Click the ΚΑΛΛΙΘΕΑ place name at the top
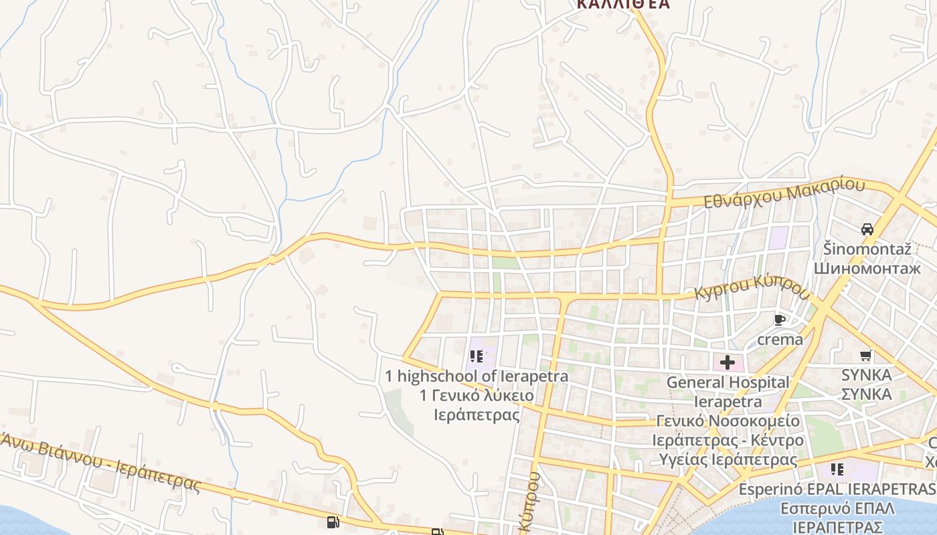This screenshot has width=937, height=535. coord(623,4)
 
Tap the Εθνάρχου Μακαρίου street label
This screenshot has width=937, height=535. coord(784,193)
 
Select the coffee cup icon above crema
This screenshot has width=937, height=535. coord(779,320)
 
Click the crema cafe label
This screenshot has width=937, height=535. coord(780,340)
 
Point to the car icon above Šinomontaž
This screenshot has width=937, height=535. coord(867,229)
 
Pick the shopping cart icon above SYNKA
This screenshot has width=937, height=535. coord(866,355)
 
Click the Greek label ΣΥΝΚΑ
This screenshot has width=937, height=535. coord(866,394)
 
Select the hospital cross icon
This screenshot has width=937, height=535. coord(728,363)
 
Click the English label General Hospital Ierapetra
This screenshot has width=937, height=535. coord(728,392)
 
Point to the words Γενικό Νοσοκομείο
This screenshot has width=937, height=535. coord(728,421)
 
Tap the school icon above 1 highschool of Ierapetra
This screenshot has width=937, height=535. coord(477,356)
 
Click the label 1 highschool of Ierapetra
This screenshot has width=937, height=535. coord(477,377)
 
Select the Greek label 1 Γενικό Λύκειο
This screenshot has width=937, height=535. coord(477,396)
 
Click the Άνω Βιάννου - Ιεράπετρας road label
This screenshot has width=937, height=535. coord(100,461)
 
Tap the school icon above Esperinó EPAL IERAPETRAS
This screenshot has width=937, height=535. coord(837,469)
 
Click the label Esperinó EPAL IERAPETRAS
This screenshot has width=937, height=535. coord(837,489)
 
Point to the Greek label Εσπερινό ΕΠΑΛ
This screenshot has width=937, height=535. coord(837,508)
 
